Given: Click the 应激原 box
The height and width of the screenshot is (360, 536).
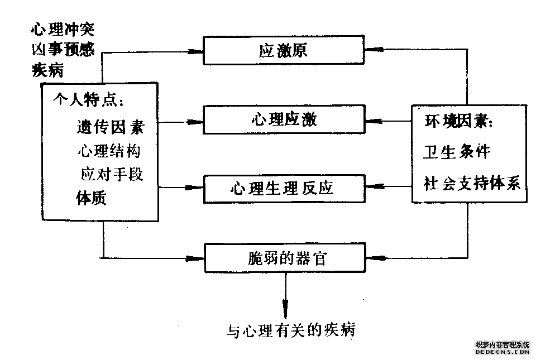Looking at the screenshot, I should point(283,51).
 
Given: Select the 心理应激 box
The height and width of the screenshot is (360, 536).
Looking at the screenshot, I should point(283,120).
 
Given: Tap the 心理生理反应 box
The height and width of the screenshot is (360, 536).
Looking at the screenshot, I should point(283,187).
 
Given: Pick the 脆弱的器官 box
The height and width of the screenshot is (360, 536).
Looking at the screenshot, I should point(283,257).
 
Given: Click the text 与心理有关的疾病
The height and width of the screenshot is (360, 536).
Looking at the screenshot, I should point(291,330).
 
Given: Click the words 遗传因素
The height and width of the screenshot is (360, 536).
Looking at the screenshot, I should point(110,127).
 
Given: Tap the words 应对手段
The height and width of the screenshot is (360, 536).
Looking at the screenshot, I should point(112,174).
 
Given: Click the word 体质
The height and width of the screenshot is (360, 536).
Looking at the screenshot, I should point(90,198).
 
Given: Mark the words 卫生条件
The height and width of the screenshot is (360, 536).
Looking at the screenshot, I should point(457,152).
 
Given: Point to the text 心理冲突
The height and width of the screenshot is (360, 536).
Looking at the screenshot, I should point(63,29).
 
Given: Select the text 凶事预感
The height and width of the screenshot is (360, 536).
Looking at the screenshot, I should point(63,49).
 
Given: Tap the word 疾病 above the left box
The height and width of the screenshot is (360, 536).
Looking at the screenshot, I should point(48,69).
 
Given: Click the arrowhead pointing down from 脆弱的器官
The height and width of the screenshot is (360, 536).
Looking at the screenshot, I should point(285,309).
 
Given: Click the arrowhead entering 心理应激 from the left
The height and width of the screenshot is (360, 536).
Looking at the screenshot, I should point(195,121).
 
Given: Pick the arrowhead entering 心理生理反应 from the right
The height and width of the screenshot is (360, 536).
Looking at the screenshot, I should point(372,188).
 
